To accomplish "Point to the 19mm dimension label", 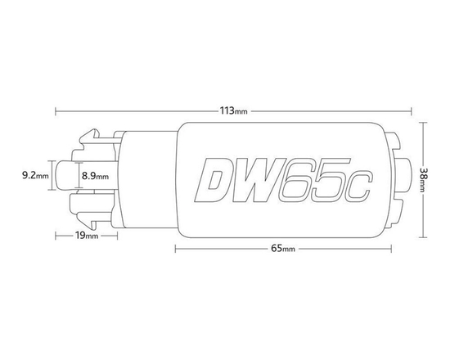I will point(86,236).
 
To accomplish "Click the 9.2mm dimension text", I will point(35,175).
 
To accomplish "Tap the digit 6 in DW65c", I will point(291,182).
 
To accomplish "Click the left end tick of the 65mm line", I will point(176,246).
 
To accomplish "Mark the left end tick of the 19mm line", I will point(56,236).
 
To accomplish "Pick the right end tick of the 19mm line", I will point(114,236).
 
